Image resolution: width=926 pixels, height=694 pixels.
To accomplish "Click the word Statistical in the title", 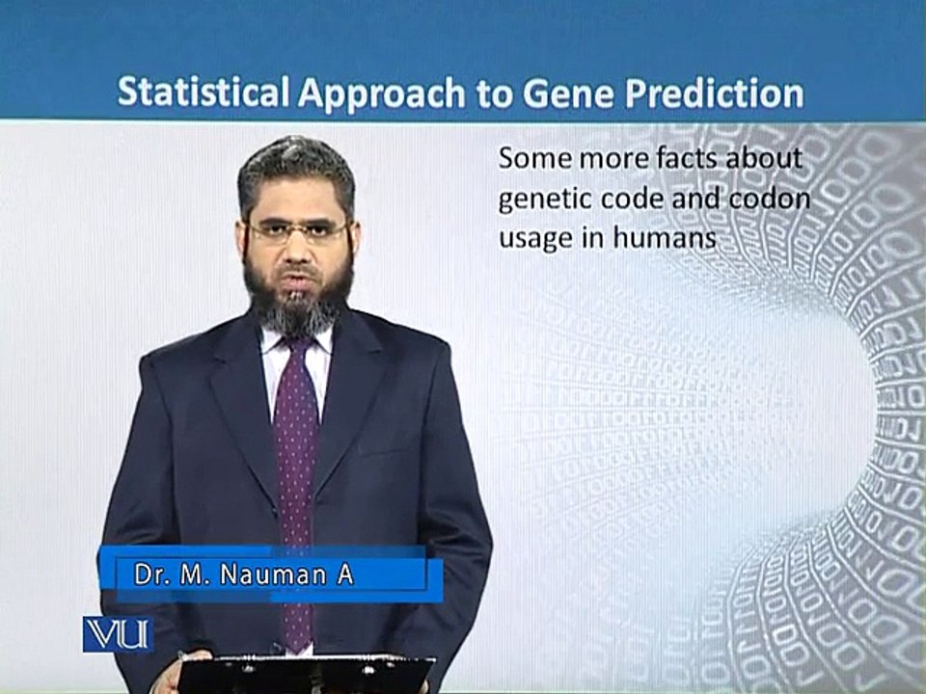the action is point(204,92).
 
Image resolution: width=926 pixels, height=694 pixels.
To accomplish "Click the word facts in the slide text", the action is point(687,158).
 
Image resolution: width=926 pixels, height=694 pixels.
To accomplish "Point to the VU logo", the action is point(118,634).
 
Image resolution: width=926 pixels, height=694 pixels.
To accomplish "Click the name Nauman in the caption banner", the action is point(273,574).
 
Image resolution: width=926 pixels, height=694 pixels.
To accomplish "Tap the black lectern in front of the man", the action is point(306,674).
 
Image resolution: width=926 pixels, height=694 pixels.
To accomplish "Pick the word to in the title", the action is point(495,93).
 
